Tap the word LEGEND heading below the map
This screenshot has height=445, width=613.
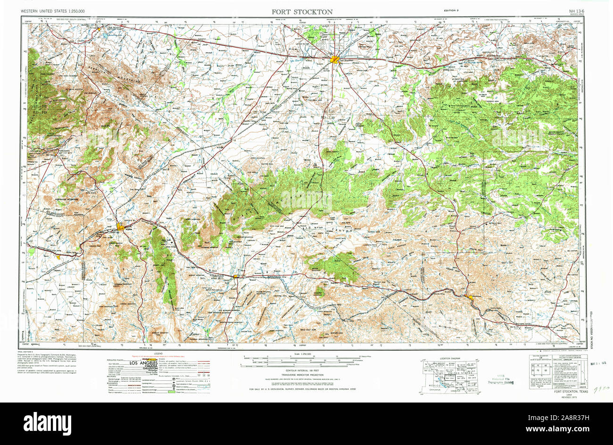click(157, 353)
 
